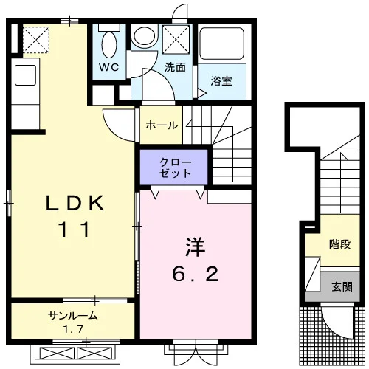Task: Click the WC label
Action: coord(109,67)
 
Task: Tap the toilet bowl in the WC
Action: coord(109,44)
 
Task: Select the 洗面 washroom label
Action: coord(175,67)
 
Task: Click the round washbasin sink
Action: coord(145,36)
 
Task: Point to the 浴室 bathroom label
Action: coord(221,81)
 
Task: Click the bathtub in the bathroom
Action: coord(221,44)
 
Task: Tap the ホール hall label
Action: coord(162,125)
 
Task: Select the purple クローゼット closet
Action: coord(174,167)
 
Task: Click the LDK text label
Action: coord(75,203)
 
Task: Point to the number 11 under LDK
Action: coord(75,230)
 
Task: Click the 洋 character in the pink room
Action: coord(195,247)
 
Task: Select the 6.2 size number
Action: coord(195,274)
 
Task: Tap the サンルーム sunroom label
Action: coord(73,315)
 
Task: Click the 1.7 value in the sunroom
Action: coord(73,328)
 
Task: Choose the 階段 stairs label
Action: coord(340,244)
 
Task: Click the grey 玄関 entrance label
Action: coord(342,286)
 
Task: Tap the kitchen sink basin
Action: coord(25,75)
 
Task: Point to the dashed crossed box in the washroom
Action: coord(176,39)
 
